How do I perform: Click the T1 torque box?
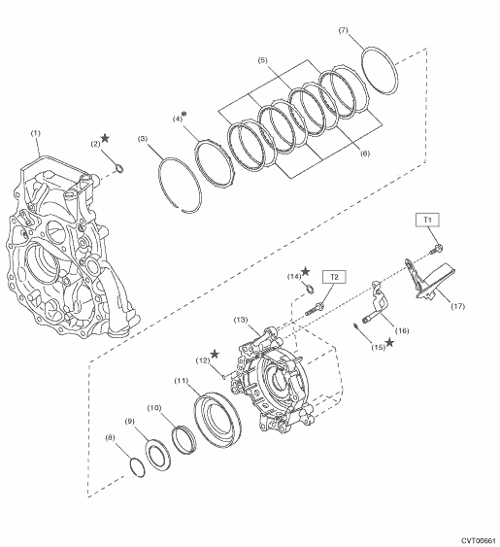coord(427,220)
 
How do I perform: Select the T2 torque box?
coord(334,277)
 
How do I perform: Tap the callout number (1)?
coord(36,133)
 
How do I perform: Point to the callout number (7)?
coord(344,30)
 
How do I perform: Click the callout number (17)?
coord(458,306)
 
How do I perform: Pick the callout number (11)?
coord(182,381)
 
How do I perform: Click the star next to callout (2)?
coord(105,138)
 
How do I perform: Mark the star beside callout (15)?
coord(389,342)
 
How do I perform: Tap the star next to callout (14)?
coord(306,271)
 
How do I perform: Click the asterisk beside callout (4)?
coord(184,114)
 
